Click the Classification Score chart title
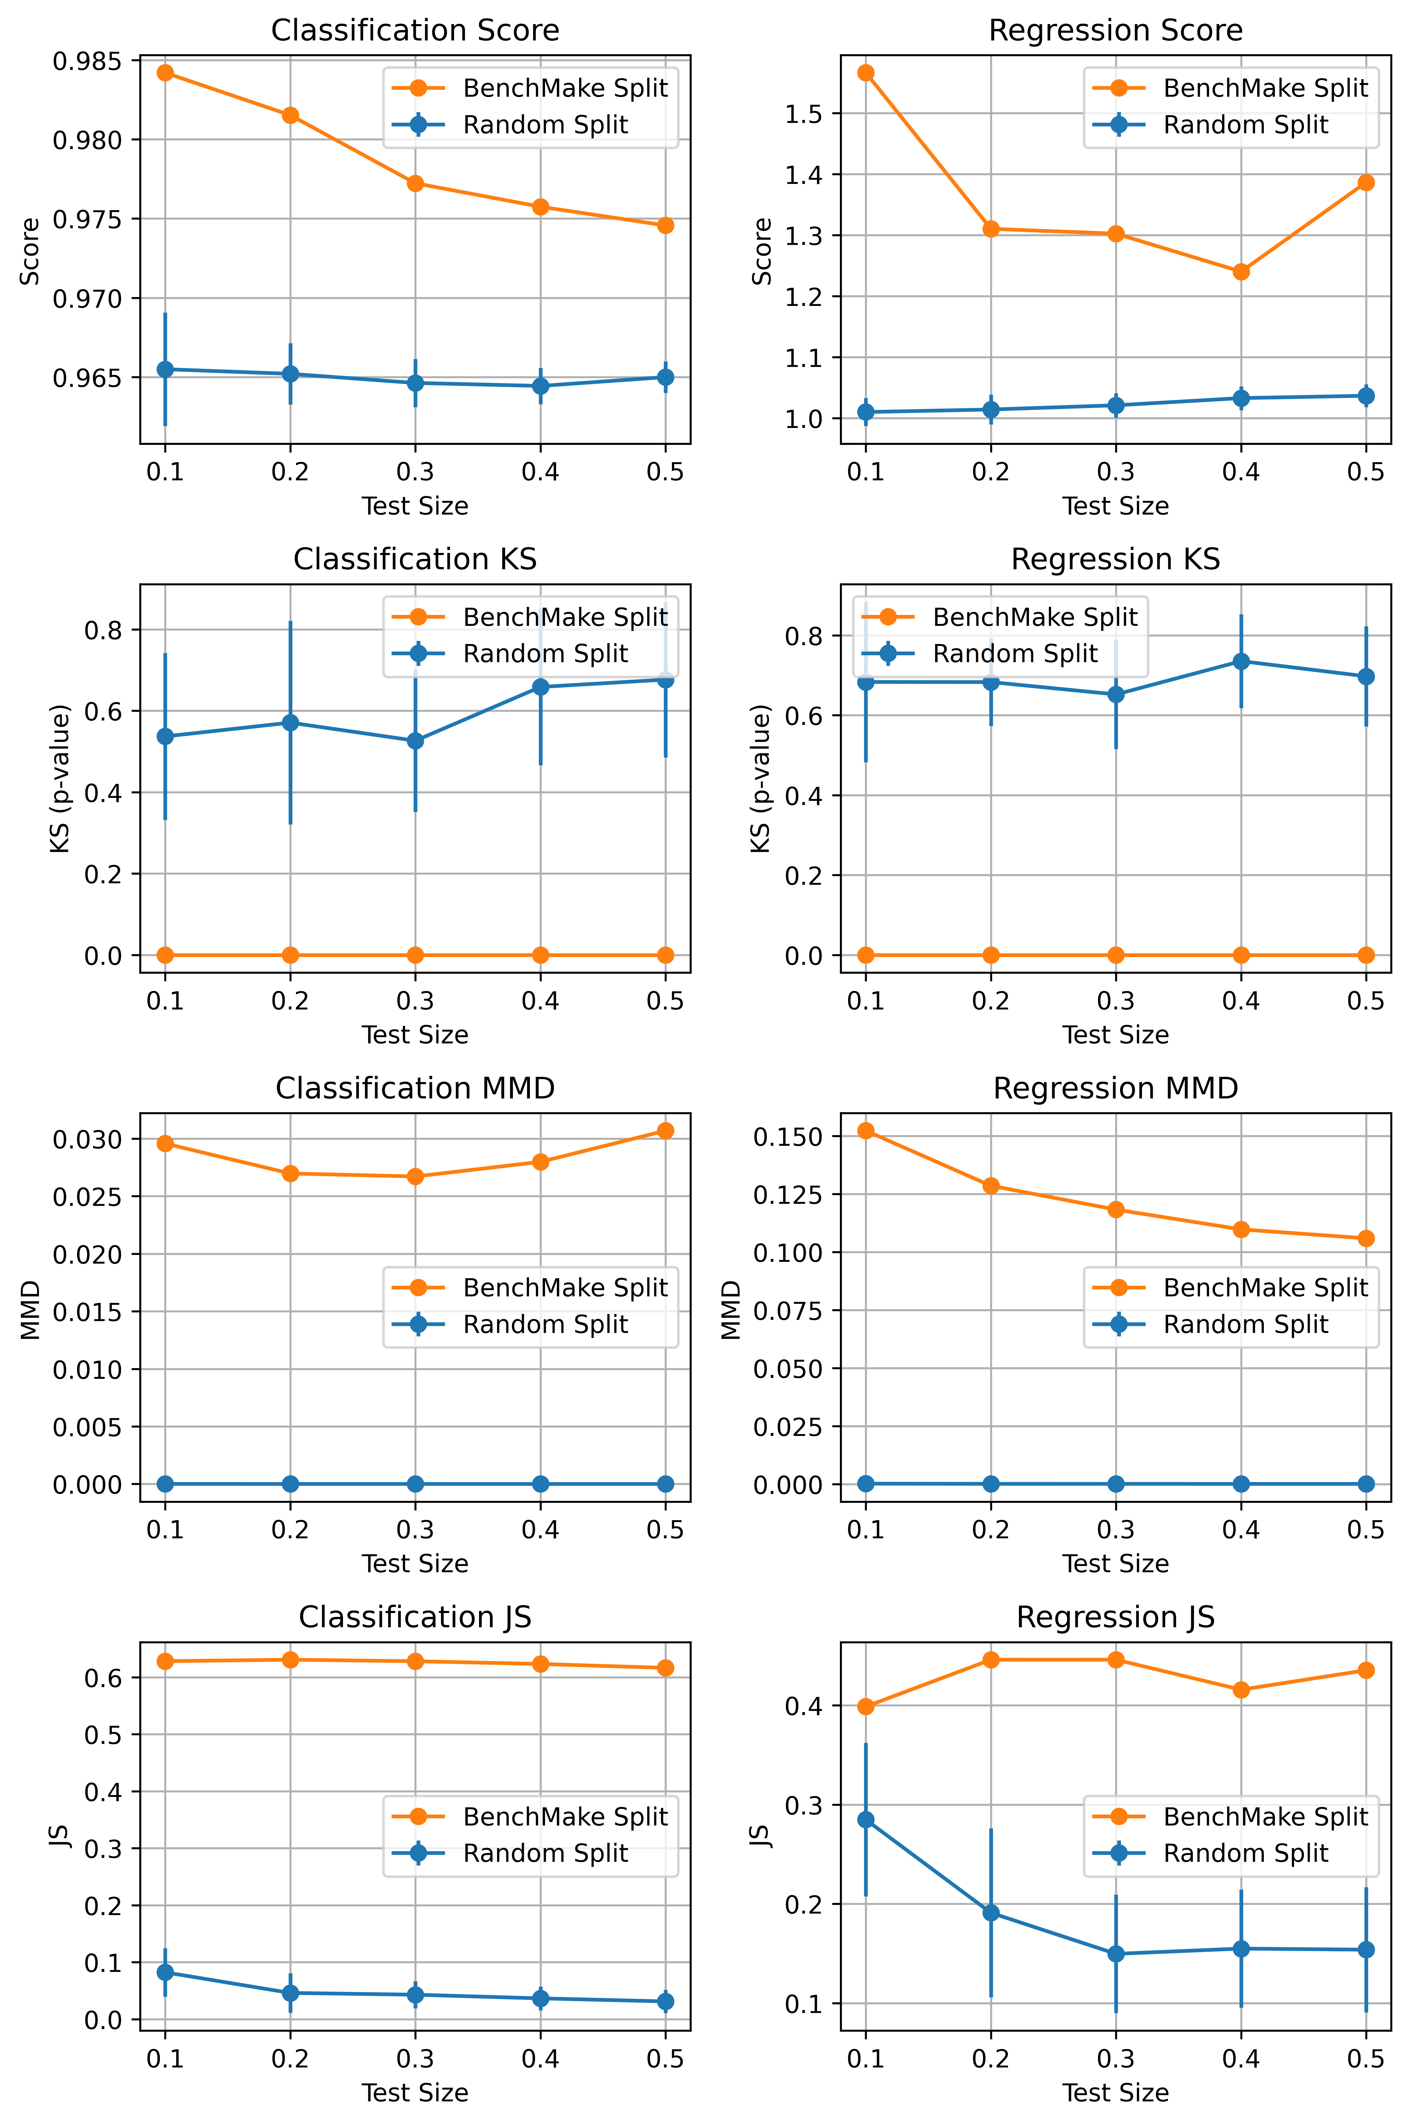tap(415, 31)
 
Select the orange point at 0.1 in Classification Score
tap(165, 73)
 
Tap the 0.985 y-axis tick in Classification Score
tap(87, 62)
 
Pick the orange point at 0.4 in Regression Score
tap(1241, 271)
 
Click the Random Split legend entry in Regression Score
tap(1244, 125)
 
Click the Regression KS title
tap(1115, 559)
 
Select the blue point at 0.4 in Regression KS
tap(1241, 662)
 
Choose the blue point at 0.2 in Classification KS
tap(290, 723)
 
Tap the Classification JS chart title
tap(415, 1617)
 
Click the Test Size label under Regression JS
tap(1115, 2092)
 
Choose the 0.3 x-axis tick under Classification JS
tap(415, 2059)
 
